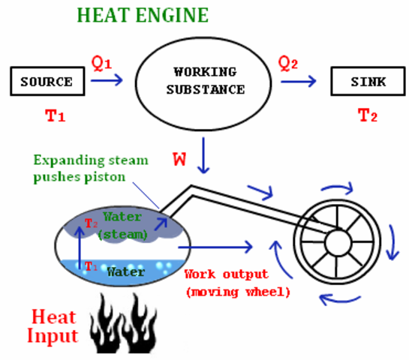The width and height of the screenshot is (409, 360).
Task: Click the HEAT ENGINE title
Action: click(143, 15)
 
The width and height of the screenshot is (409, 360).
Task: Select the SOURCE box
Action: click(47, 82)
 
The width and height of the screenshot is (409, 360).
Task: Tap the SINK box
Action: click(363, 82)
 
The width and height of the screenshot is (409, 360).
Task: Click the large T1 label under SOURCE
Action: click(47, 115)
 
